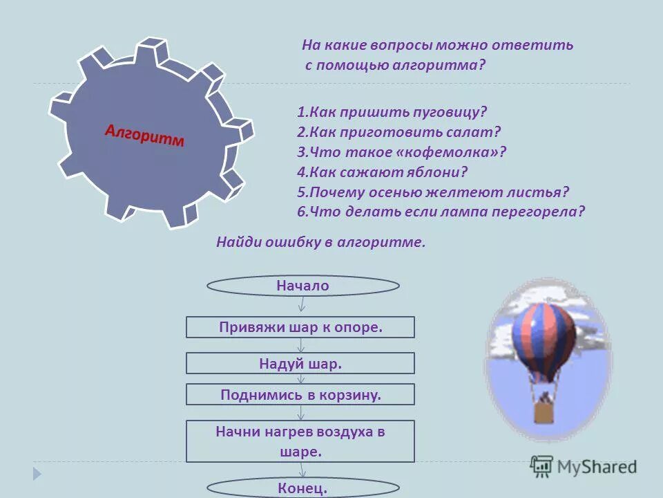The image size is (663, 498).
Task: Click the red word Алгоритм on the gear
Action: click(145, 135)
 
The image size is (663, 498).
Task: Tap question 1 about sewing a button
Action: click(392, 111)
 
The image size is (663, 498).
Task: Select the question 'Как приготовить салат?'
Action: click(398, 131)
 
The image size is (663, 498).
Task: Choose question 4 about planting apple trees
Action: click(383, 172)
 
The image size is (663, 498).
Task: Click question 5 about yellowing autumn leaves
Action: click(433, 192)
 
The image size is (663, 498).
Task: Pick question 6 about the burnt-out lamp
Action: click(441, 212)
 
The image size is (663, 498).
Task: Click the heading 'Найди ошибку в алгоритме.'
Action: click(320, 242)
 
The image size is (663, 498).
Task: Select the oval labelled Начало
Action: click(303, 286)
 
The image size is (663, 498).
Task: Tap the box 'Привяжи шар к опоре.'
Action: click(300, 327)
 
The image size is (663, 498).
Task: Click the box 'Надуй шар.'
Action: click(300, 363)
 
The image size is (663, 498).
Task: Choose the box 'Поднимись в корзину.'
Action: click(300, 395)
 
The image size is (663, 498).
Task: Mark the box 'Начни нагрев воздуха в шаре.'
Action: click(300, 441)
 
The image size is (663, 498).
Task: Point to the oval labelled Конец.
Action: click(303, 488)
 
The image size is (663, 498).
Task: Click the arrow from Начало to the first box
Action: click(302, 305)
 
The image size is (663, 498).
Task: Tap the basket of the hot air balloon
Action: click(544, 412)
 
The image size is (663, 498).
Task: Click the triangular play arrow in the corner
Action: click(37, 474)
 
